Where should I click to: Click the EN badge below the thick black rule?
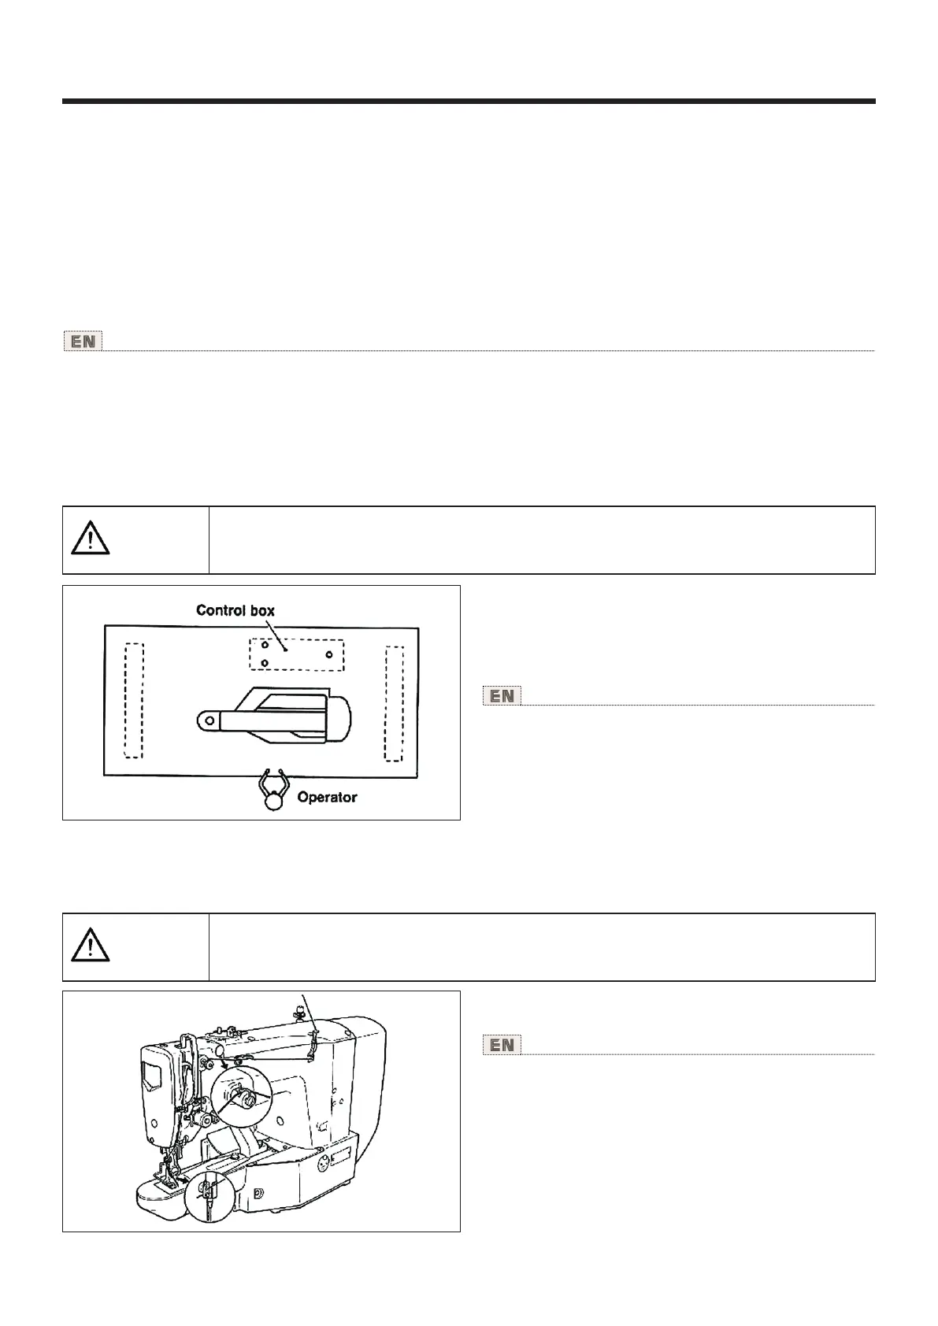coord(83,343)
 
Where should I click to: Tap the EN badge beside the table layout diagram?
coord(502,696)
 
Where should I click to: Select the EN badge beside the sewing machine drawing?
coord(502,1045)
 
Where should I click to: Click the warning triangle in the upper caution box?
coord(90,539)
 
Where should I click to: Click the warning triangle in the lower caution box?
coord(90,946)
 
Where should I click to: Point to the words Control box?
coord(235,610)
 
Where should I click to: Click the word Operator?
coord(327,798)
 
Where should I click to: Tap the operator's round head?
coord(273,802)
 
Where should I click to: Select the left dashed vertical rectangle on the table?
coord(134,700)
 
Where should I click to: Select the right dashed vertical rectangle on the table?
coord(394,703)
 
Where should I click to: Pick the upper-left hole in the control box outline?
coord(265,645)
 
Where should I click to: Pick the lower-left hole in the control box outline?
coord(265,663)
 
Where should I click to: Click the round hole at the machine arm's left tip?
coord(207,718)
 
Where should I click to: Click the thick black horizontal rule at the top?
coord(469,102)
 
